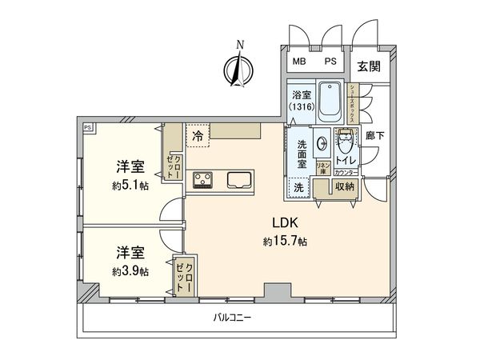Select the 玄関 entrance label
(x=367, y=62)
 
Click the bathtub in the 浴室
(x=330, y=102)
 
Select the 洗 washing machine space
(x=298, y=186)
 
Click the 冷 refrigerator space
(x=198, y=137)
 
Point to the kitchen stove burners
(x=202, y=179)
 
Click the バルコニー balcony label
(x=233, y=318)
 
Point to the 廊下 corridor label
(x=374, y=136)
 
